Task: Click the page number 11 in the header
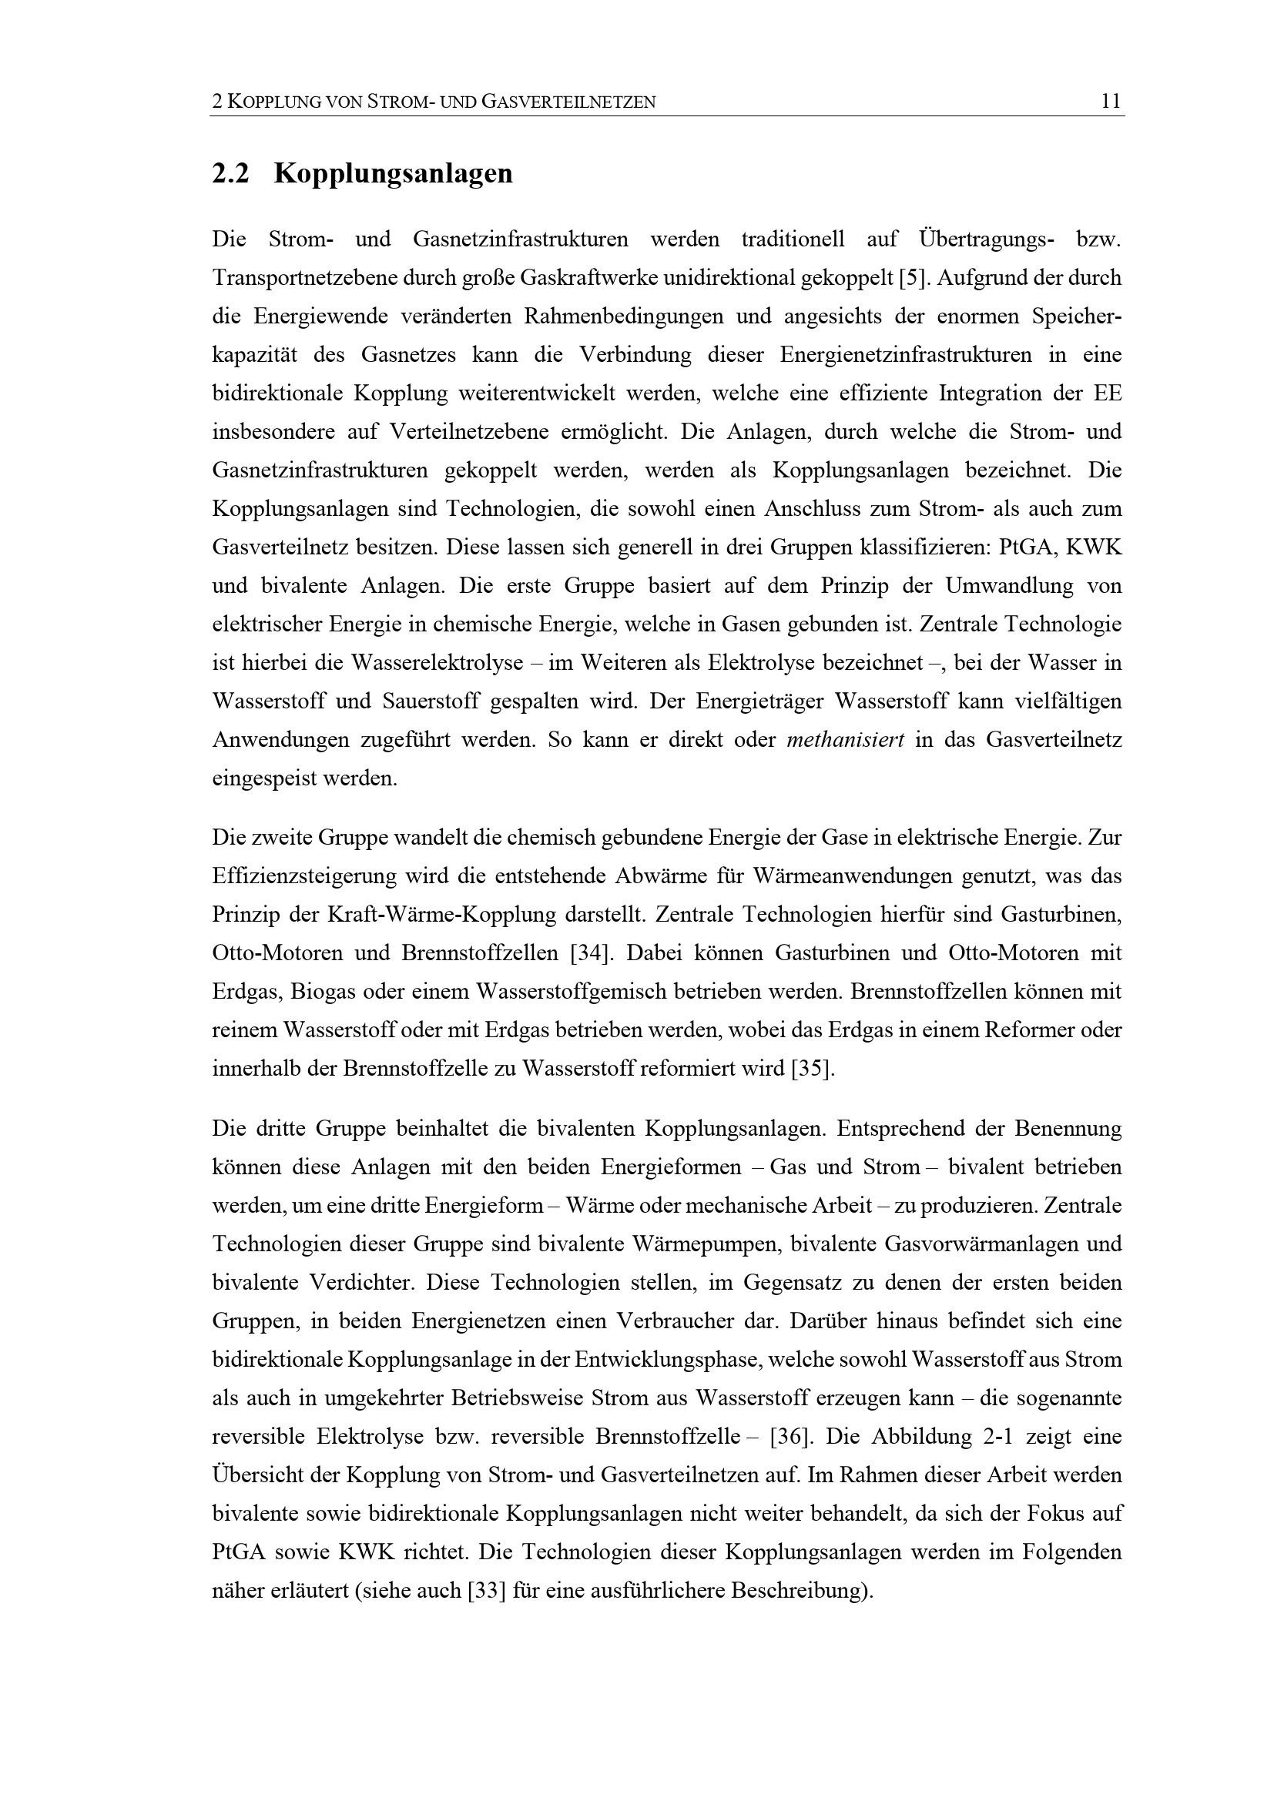pos(1111,101)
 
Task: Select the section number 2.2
pos(230,173)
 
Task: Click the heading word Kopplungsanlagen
pos(393,173)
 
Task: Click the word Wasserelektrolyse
pos(437,664)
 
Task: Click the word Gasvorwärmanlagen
pos(977,1244)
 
